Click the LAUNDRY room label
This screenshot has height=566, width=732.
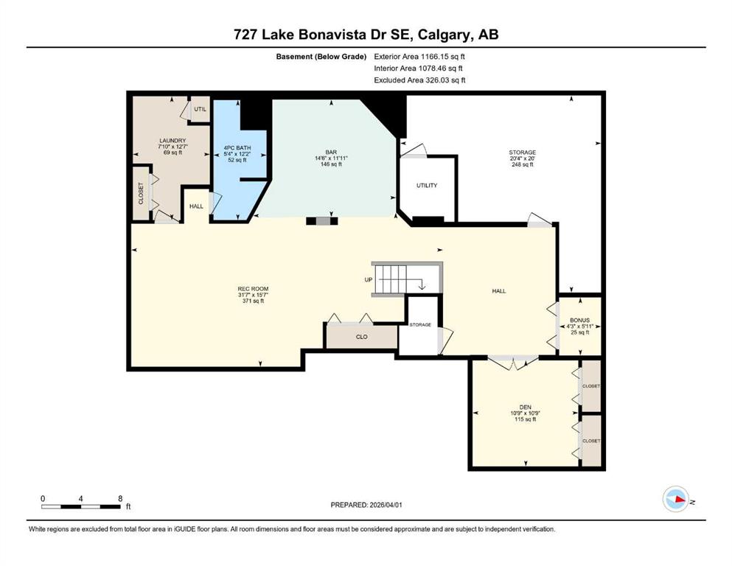[x=172, y=141]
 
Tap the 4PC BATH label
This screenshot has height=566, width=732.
[x=237, y=148]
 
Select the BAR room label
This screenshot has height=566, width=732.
[x=331, y=152]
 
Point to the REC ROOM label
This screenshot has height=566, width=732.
[x=253, y=289]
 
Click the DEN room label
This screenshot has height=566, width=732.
[x=525, y=408]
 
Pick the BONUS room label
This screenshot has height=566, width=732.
[x=580, y=321]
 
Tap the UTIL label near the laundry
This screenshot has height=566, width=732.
[x=201, y=109]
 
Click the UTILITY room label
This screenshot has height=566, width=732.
[x=427, y=185]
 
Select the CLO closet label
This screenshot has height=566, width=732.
[x=362, y=336]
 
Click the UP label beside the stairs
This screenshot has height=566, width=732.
[x=369, y=280]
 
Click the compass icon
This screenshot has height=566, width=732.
[x=676, y=499]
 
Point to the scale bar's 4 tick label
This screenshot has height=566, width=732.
[x=81, y=499]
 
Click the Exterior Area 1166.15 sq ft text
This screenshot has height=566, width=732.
[x=419, y=57]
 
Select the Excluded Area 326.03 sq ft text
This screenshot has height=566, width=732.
[x=419, y=80]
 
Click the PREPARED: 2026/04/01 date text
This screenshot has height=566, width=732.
[x=366, y=505]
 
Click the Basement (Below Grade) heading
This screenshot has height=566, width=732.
[x=321, y=57]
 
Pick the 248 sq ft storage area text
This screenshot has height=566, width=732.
[x=523, y=164]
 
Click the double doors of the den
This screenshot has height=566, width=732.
[x=513, y=363]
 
